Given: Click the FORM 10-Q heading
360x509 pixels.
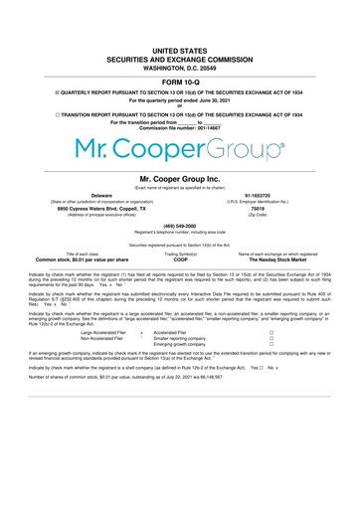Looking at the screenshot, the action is [179, 82].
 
